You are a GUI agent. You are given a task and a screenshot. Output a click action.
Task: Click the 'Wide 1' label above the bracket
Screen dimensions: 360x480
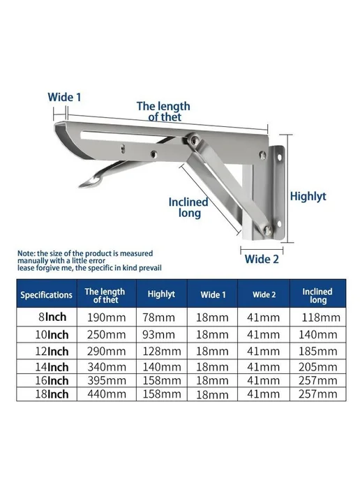point(64,97)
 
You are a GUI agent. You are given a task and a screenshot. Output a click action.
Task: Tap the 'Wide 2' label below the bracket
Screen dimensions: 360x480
point(262,259)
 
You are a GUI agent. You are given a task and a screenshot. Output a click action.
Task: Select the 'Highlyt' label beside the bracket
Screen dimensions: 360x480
point(308,196)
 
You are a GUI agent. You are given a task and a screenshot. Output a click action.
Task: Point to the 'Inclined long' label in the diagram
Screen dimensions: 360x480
point(188,207)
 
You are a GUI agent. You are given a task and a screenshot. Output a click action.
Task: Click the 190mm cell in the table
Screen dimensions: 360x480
point(107,317)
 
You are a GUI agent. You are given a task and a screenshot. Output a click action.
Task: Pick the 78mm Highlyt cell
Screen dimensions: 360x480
point(158,317)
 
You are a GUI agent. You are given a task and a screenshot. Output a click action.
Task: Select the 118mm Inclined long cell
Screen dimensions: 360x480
point(321,317)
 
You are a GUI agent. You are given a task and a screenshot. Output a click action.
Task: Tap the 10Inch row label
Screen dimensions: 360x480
point(52,335)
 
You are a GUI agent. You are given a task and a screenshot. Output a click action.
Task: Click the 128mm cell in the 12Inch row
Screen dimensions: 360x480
point(162,351)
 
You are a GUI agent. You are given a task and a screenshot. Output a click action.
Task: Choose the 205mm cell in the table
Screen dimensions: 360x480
point(317,367)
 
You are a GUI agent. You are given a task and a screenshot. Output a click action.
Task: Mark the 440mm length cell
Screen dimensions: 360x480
point(107,393)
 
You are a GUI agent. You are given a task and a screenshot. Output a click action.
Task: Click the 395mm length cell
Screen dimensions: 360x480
point(107,380)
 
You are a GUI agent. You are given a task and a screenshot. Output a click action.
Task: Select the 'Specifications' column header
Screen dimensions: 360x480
point(46,295)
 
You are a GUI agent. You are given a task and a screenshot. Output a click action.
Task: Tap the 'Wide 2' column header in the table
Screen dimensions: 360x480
point(264,294)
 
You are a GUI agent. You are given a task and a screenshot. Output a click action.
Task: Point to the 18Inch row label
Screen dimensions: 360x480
point(52,393)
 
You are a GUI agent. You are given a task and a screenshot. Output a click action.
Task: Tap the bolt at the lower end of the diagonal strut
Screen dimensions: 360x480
point(268,230)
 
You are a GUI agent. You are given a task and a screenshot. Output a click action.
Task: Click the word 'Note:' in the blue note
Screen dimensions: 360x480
point(27,253)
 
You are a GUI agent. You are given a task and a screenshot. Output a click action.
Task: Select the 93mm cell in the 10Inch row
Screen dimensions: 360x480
point(158,335)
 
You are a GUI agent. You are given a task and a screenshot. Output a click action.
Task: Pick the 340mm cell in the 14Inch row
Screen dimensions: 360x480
point(107,367)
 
